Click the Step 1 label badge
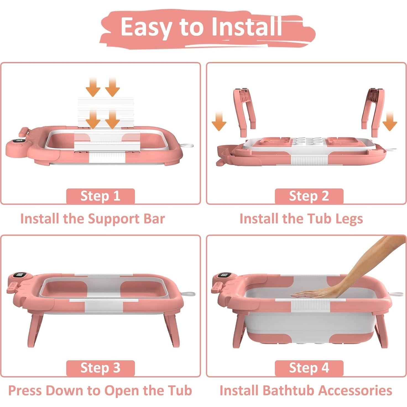[100, 196]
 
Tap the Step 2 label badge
[309, 196]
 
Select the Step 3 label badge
[100, 368]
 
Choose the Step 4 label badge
[309, 368]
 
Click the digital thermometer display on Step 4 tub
[225, 276]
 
